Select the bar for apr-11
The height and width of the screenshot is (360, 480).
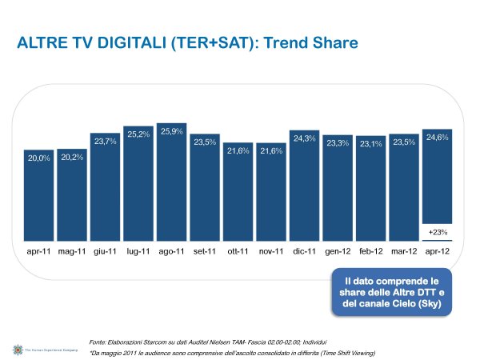coord(39,204)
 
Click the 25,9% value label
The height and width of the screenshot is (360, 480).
coord(172,132)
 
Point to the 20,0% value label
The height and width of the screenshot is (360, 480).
coord(39,158)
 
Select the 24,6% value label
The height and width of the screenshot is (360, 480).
coord(437,138)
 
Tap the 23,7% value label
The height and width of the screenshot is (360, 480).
coord(106,142)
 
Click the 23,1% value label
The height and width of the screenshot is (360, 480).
coord(370,144)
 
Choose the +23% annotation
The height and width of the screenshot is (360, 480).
coord(437,232)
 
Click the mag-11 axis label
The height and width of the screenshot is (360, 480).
coord(72,251)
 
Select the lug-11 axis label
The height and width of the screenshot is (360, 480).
coord(138,251)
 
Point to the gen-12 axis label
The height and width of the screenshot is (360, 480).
coord(338,251)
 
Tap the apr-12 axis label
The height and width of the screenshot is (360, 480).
coord(437,251)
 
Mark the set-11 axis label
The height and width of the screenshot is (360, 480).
coord(205,251)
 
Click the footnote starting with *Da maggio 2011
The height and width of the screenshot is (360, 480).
coord(232,353)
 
